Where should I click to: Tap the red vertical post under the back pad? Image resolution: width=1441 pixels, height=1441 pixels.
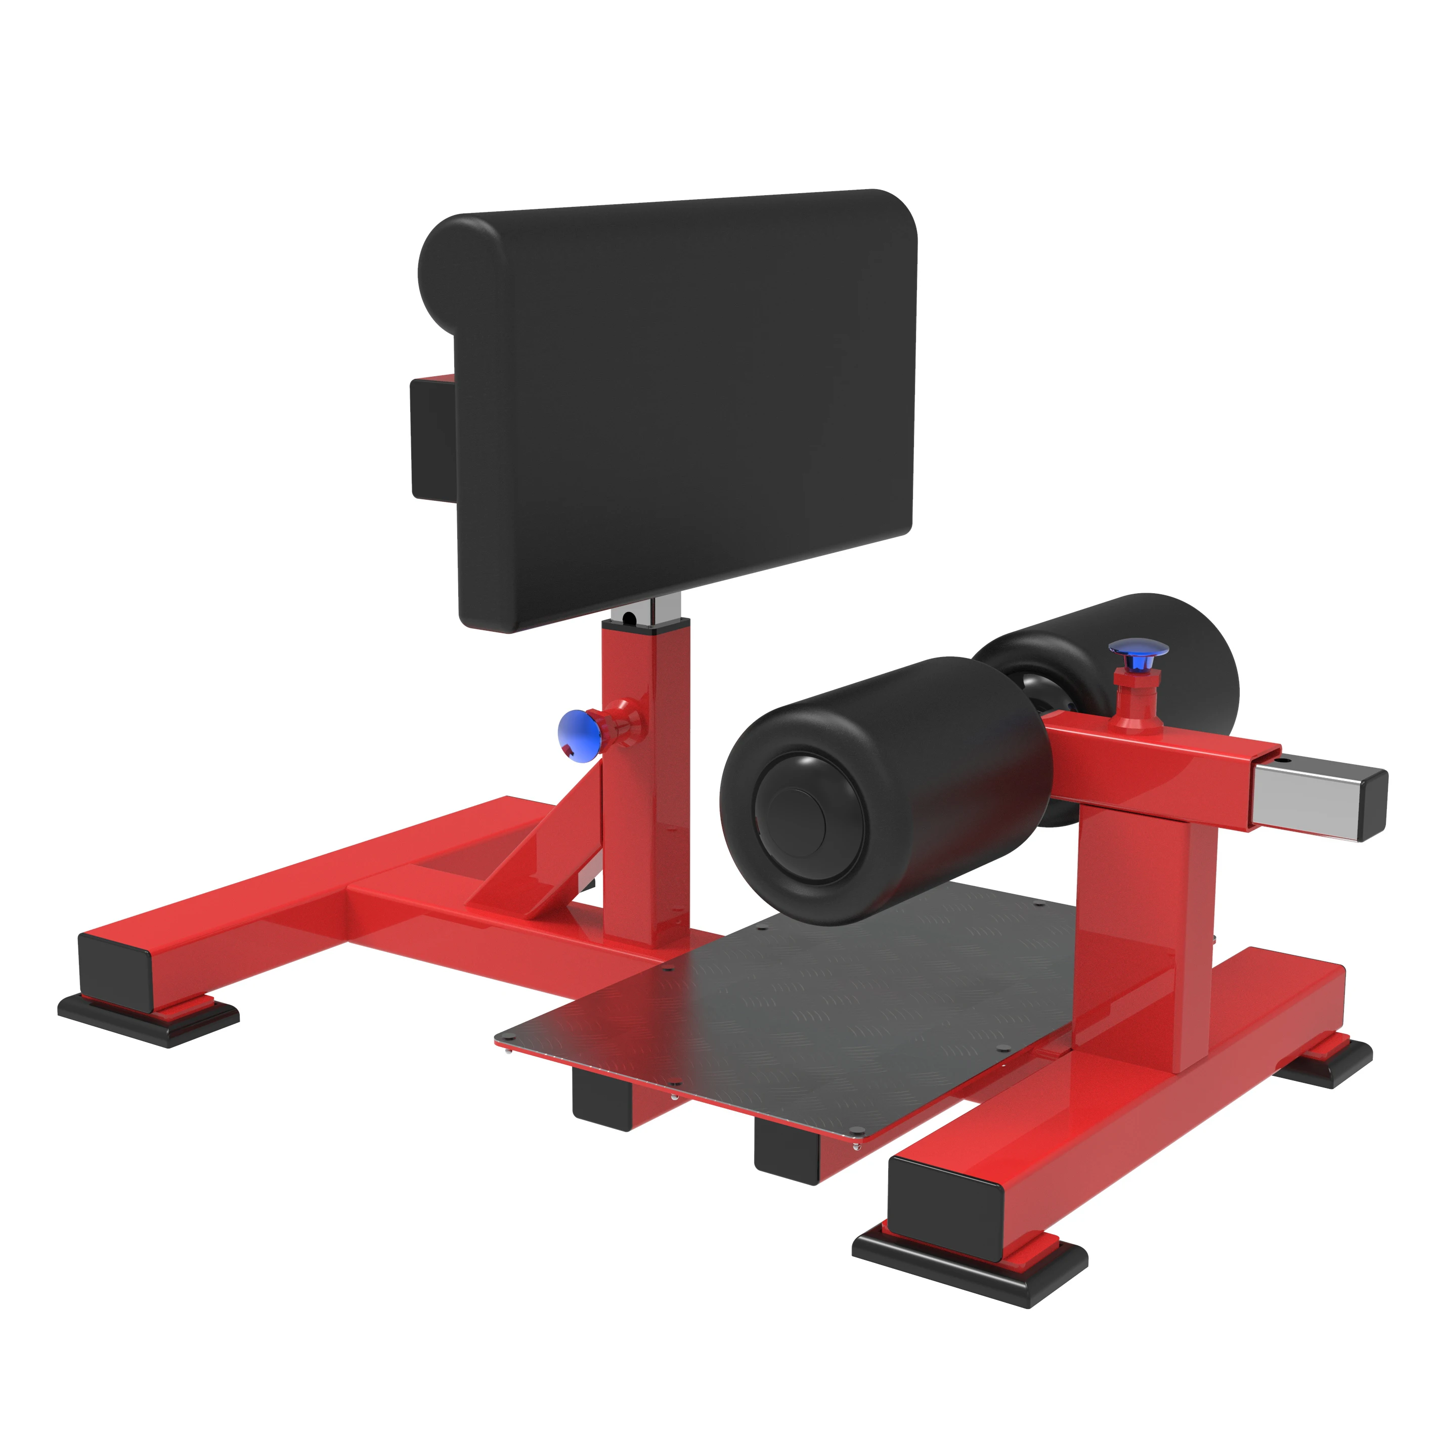tap(646, 783)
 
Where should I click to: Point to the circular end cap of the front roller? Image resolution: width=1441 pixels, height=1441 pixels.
tap(809, 817)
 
